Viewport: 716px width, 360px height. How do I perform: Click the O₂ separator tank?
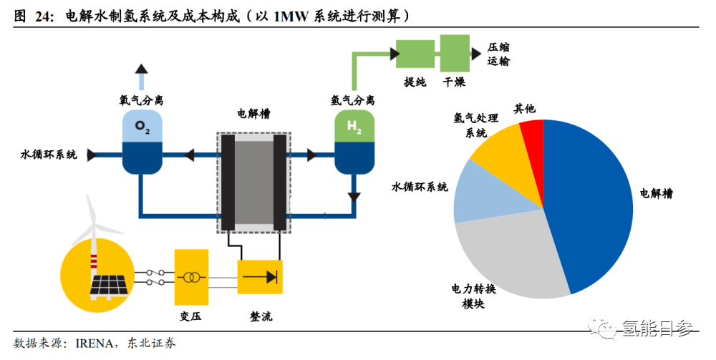pyautogui.click(x=142, y=142)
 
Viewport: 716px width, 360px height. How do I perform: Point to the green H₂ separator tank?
pyautogui.click(x=355, y=142)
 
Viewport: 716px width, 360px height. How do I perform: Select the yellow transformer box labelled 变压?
pyautogui.click(x=191, y=277)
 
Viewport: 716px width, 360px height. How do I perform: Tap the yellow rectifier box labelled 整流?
pyautogui.click(x=260, y=277)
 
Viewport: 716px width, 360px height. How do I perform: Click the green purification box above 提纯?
pyautogui.click(x=415, y=54)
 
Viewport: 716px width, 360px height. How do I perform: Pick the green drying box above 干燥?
pyautogui.click(x=455, y=54)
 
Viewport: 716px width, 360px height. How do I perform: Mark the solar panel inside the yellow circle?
pyautogui.click(x=109, y=286)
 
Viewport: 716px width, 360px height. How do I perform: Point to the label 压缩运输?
pyautogui.click(x=498, y=54)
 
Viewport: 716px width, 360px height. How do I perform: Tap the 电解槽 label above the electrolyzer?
pyautogui.click(x=254, y=113)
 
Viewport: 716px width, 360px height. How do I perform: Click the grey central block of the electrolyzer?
pyautogui.click(x=254, y=183)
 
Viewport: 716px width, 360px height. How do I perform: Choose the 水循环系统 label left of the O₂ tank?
pyautogui.click(x=49, y=154)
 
